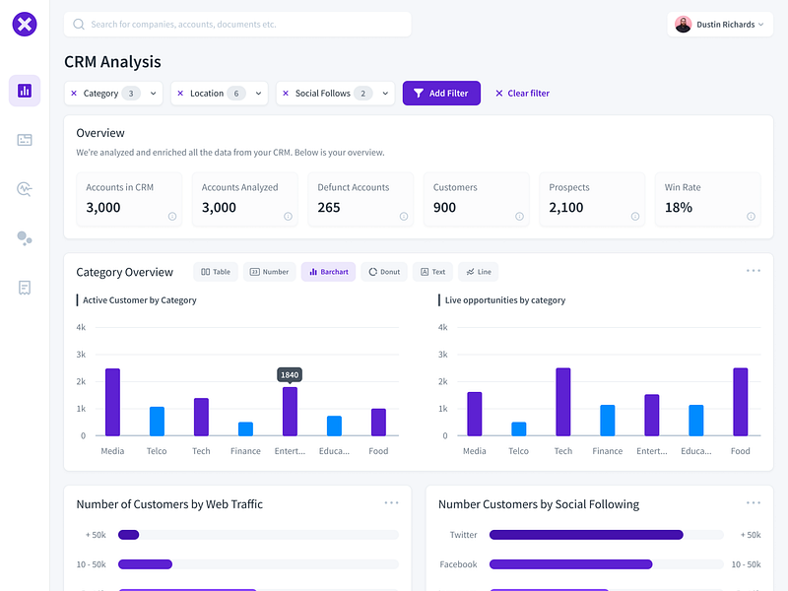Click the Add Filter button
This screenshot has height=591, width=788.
pyautogui.click(x=441, y=94)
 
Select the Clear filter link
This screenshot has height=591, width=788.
pyautogui.click(x=522, y=94)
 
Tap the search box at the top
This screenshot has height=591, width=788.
pyautogui.click(x=236, y=24)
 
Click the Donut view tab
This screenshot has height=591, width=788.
pyautogui.click(x=384, y=272)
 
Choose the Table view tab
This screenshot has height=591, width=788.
pyautogui.click(x=215, y=272)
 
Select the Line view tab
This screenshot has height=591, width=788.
pyautogui.click(x=479, y=272)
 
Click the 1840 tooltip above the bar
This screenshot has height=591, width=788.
pyautogui.click(x=290, y=375)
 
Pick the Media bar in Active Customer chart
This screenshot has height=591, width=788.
pyautogui.click(x=112, y=402)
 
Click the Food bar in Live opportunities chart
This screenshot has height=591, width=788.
pyautogui.click(x=741, y=402)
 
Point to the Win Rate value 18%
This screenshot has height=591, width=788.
pyautogui.click(x=679, y=208)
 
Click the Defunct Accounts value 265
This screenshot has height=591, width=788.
pyautogui.click(x=329, y=208)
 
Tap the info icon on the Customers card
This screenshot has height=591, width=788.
pyautogui.click(x=519, y=217)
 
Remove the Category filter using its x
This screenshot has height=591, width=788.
pyautogui.click(x=74, y=94)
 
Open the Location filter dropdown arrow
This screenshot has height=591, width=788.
pyautogui.click(x=259, y=94)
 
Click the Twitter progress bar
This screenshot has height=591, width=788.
pyautogui.click(x=586, y=535)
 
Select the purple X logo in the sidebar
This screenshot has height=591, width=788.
pyautogui.click(x=25, y=25)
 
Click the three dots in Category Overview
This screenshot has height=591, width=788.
pyautogui.click(x=754, y=271)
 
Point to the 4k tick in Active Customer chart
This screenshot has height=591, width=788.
pyautogui.click(x=83, y=327)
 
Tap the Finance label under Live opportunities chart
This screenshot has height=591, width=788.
pyautogui.click(x=608, y=451)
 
